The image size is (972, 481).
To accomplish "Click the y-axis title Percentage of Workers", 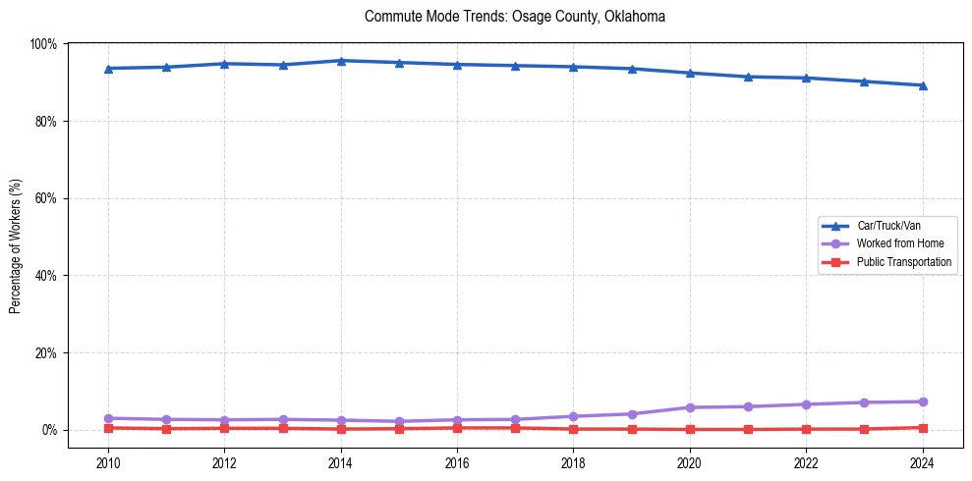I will [x=16, y=246].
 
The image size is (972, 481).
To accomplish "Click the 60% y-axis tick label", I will [x=45, y=198].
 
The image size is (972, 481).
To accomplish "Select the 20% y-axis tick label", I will [x=45, y=352].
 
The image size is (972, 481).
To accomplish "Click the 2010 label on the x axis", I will [x=108, y=463].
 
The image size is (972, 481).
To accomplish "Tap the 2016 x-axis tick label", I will [x=457, y=463].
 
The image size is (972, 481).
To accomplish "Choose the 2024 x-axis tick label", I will [x=922, y=463].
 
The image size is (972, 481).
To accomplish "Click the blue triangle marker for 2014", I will [x=341, y=61].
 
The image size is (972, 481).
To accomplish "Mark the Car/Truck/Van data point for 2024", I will [x=922, y=85].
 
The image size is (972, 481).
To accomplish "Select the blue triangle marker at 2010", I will [x=108, y=69].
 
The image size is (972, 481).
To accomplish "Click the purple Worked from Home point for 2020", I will [x=690, y=407].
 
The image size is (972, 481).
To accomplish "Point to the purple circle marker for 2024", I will [x=922, y=401].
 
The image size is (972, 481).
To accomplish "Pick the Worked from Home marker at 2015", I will [x=399, y=421].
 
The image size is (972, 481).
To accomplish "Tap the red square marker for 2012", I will [x=225, y=428].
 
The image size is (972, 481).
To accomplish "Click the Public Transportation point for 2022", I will [x=806, y=429].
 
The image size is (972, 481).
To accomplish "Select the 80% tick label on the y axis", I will [x=45, y=122].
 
